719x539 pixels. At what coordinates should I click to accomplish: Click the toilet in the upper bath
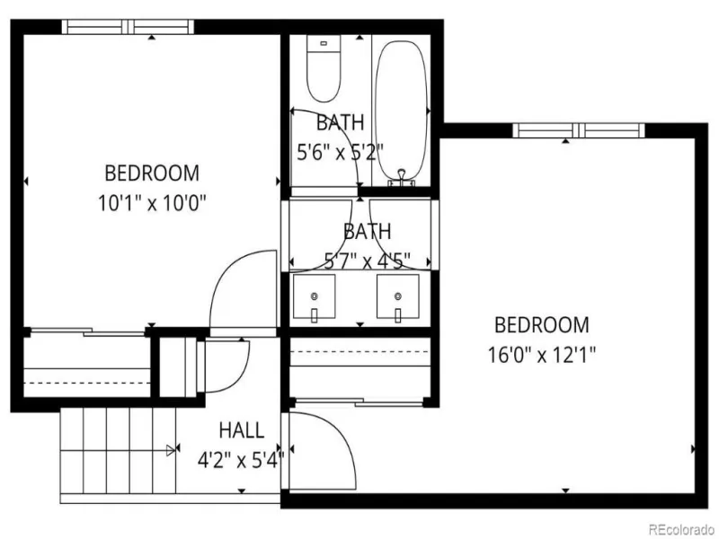(x=324, y=69)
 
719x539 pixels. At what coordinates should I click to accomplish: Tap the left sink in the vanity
(x=314, y=296)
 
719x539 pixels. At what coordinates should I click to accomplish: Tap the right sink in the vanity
(x=397, y=296)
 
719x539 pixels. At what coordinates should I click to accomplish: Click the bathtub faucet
(x=402, y=178)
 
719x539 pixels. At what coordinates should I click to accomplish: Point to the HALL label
(x=242, y=430)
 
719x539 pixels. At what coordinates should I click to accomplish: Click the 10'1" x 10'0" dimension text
(x=152, y=203)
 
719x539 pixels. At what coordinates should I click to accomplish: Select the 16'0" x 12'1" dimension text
(x=542, y=355)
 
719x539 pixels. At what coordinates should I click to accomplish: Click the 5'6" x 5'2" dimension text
(x=341, y=152)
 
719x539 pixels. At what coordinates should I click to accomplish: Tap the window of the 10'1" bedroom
(x=128, y=27)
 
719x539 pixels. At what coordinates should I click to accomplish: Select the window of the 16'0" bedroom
(x=579, y=130)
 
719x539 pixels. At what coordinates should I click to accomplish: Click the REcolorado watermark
(x=681, y=529)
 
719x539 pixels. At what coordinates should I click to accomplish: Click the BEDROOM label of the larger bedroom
(x=542, y=325)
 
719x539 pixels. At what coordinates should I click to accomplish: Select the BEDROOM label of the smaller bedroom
(x=152, y=173)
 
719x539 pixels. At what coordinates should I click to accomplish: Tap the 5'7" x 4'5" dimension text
(x=367, y=261)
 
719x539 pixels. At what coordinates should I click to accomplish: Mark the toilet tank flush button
(x=324, y=43)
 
